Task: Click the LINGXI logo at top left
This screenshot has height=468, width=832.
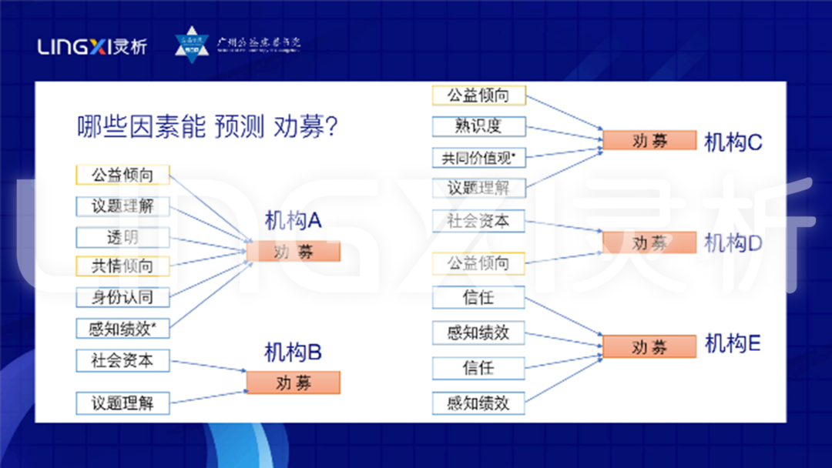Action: pos(92,46)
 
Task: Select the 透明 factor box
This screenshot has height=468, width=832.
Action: pos(122,236)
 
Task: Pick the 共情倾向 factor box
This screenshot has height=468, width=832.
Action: pos(122,266)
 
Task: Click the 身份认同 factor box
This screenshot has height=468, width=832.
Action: pos(122,297)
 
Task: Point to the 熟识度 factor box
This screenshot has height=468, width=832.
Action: pos(478,126)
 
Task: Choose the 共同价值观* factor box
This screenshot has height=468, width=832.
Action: pos(478,158)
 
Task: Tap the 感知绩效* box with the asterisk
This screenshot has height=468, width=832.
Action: pos(122,329)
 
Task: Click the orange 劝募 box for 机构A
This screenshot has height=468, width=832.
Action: pos(293,252)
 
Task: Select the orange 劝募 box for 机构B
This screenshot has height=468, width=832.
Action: pos(293,383)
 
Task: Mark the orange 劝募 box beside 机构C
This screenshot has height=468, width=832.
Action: pos(649,141)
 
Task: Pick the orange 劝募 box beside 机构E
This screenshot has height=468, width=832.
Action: pos(649,347)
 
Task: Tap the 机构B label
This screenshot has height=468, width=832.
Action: pos(293,353)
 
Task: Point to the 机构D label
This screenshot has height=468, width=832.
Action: pos(733,243)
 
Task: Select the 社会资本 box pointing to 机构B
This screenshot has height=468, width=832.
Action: pos(122,360)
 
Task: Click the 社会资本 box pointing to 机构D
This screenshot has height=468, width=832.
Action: pos(478,221)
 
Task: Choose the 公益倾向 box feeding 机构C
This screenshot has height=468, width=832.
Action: pos(478,95)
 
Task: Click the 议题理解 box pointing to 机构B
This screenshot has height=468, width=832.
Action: pos(122,403)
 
